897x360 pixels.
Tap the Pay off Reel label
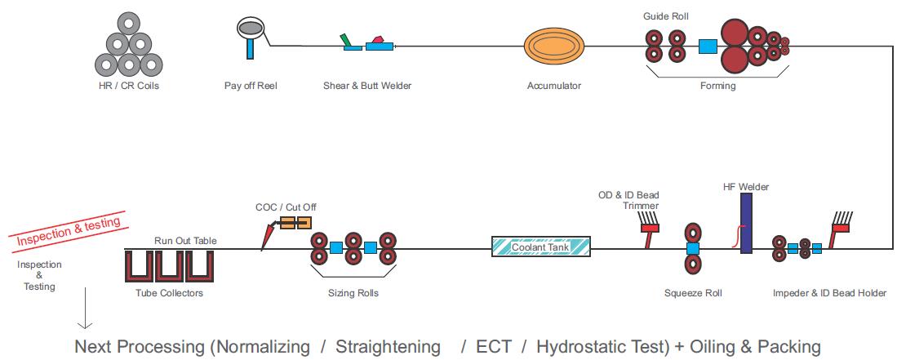251,85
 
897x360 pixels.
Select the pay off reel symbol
251,31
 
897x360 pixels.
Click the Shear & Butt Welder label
362,85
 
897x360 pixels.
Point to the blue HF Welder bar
745,223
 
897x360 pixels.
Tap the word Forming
717,86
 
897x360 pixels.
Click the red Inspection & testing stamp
69,230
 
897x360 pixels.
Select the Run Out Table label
185,241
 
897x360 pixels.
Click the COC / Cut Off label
286,207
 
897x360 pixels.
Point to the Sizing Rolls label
353,293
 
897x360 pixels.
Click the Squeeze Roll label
693,293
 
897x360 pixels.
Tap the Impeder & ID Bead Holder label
829,293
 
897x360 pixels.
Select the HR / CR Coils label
128,85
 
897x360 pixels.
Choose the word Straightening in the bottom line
388,346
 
